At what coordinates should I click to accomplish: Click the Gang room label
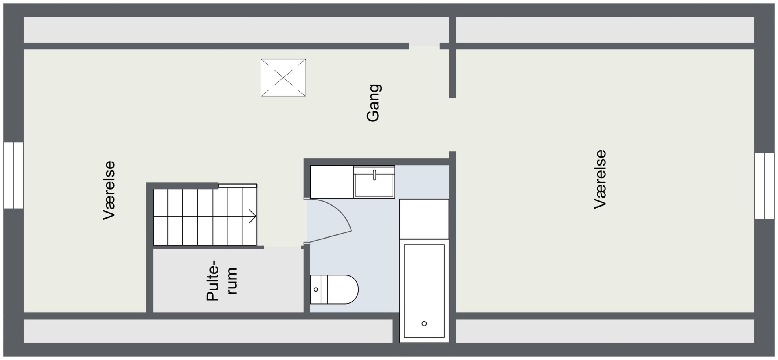[373, 103]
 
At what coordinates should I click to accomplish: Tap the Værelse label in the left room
[109, 191]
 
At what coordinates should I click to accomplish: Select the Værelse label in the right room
[600, 179]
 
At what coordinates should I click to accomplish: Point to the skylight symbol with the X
[283, 78]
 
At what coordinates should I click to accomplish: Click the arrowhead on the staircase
[253, 216]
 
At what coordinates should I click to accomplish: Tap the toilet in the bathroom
[334, 290]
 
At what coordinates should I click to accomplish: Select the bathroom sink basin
[374, 183]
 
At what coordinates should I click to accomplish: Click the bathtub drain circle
[424, 324]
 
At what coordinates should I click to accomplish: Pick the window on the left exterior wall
[13, 175]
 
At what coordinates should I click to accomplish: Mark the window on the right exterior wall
[765, 186]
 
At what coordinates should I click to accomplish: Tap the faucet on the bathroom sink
[374, 175]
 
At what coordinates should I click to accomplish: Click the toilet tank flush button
[316, 290]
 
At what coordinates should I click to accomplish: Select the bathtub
[424, 291]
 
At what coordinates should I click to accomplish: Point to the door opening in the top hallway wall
[424, 46]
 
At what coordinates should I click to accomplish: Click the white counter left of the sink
[332, 182]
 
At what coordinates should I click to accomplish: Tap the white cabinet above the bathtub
[424, 219]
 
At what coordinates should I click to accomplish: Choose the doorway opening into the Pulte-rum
[282, 247]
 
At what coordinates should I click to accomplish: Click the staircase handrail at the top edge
[238, 185]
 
